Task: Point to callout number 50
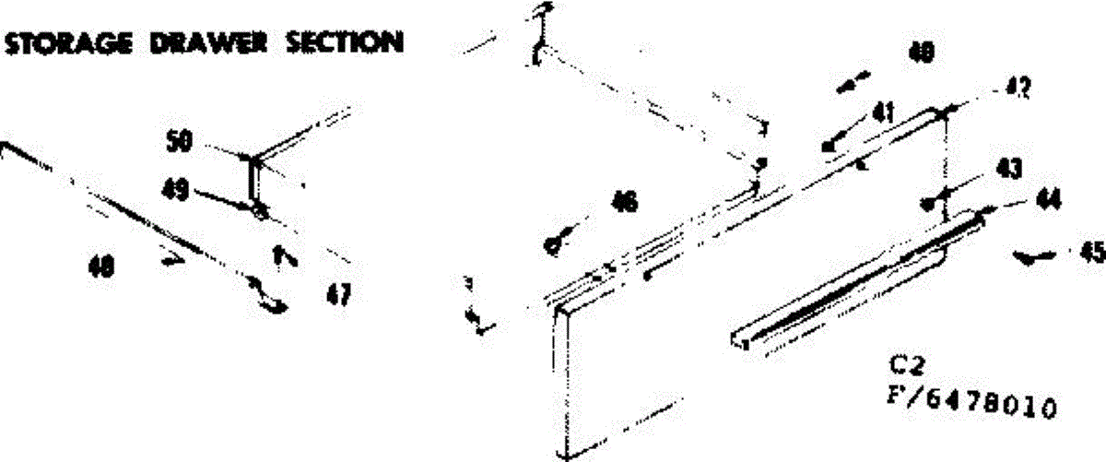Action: [179, 143]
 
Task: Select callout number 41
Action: [883, 113]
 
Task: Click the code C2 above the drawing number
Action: [908, 361]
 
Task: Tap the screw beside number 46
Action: [555, 244]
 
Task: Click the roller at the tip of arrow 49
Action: [261, 211]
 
